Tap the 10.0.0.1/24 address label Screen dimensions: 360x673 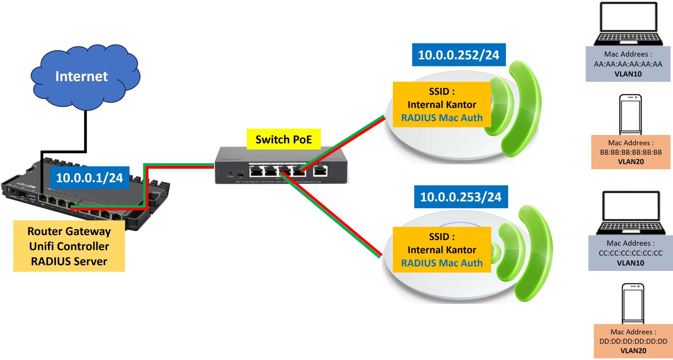pyautogui.click(x=89, y=177)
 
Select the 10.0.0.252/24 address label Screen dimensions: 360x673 pyautogui.click(x=458, y=55)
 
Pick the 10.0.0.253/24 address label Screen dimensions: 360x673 pyautogui.click(x=461, y=197)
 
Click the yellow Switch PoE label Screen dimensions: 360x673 pyautogui.click(x=284, y=140)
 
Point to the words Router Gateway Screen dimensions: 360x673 pyautogui.click(x=69, y=231)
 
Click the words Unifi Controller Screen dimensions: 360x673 pyautogui.click(x=69, y=246)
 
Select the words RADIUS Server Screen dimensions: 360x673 pyautogui.click(x=69, y=262)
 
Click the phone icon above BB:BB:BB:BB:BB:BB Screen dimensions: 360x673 pyautogui.click(x=631, y=114)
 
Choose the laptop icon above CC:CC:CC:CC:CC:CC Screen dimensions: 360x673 pyautogui.click(x=631, y=212)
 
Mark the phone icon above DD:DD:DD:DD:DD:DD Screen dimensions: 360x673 pyautogui.click(x=633, y=303)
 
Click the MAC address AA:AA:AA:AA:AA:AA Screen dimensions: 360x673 pyautogui.click(x=628, y=64)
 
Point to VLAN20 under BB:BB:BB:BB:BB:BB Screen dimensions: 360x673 pyautogui.click(x=631, y=162)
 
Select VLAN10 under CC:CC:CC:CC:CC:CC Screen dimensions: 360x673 pyautogui.click(x=631, y=263)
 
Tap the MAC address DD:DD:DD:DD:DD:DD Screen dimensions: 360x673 pyautogui.click(x=633, y=341)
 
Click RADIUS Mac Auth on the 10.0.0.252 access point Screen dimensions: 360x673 pyautogui.click(x=442, y=118)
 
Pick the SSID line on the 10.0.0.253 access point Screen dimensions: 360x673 pyautogui.click(x=442, y=237)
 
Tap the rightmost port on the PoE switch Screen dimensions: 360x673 pyautogui.click(x=321, y=171)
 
